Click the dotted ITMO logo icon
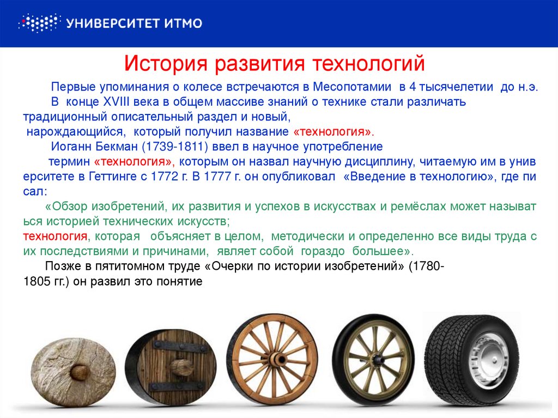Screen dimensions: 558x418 tap(39, 23)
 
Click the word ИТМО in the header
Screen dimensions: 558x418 tap(183, 23)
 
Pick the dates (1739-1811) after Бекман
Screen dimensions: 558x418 tap(175, 147)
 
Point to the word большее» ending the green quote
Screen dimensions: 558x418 tap(383, 251)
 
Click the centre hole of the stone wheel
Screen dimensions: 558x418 tap(79, 372)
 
